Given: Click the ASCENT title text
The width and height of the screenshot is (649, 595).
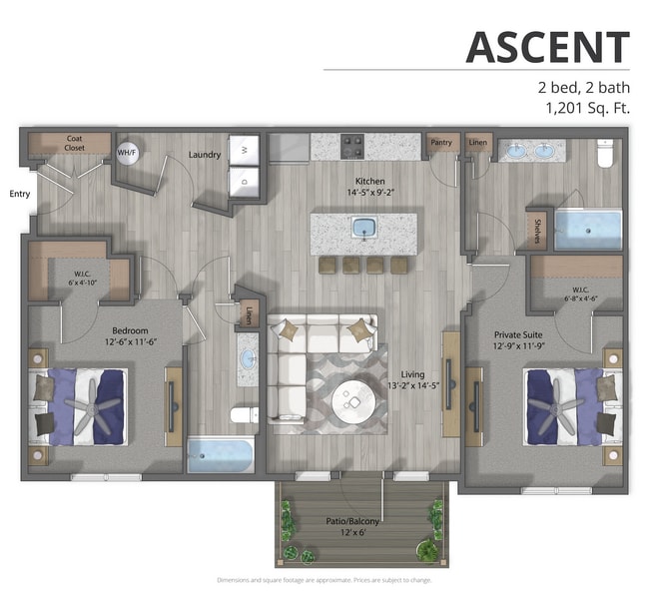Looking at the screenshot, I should coord(547,47).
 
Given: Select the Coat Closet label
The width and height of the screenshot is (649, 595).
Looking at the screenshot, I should coord(74,143).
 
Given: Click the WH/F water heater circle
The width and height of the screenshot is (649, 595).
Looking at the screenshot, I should coord(127,153).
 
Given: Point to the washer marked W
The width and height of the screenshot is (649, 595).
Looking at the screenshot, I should coord(244,150).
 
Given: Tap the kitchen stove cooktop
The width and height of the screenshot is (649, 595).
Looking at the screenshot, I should coord(353,147).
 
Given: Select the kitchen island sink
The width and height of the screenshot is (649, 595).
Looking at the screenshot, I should coord(364,228).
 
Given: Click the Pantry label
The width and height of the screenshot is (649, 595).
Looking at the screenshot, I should coord(441,143).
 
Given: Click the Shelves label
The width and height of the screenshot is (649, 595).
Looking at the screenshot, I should coord(536,231).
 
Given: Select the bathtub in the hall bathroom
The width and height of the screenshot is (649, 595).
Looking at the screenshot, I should coord(221,455).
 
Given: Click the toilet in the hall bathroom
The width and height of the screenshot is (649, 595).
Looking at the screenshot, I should coord(243,414).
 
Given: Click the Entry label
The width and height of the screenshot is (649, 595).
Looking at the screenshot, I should coord(19,194).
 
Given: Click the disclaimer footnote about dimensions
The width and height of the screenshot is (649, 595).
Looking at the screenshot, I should coord(324,580).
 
